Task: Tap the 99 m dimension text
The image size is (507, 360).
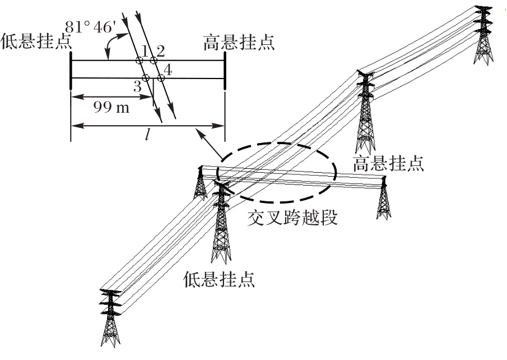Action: pyautogui.click(x=111, y=107)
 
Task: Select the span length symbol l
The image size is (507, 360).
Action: pyautogui.click(x=147, y=135)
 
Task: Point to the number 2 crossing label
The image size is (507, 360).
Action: pyautogui.click(x=160, y=51)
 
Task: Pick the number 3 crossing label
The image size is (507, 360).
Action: pyautogui.click(x=137, y=86)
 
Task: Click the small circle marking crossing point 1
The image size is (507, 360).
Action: pyautogui.click(x=139, y=60)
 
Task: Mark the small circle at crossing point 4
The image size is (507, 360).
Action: pyautogui.click(x=161, y=78)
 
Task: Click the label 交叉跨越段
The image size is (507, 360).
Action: pyautogui.click(x=292, y=218)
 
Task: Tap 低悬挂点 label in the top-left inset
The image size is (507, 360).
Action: pyautogui.click(x=36, y=41)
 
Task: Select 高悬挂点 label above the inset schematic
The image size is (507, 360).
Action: pyautogui.click(x=239, y=43)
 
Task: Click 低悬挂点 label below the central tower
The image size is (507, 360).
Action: pyautogui.click(x=219, y=279)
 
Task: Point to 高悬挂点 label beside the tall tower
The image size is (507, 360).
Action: pyautogui.click(x=388, y=163)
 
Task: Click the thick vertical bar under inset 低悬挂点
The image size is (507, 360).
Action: pyautogui.click(x=71, y=70)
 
